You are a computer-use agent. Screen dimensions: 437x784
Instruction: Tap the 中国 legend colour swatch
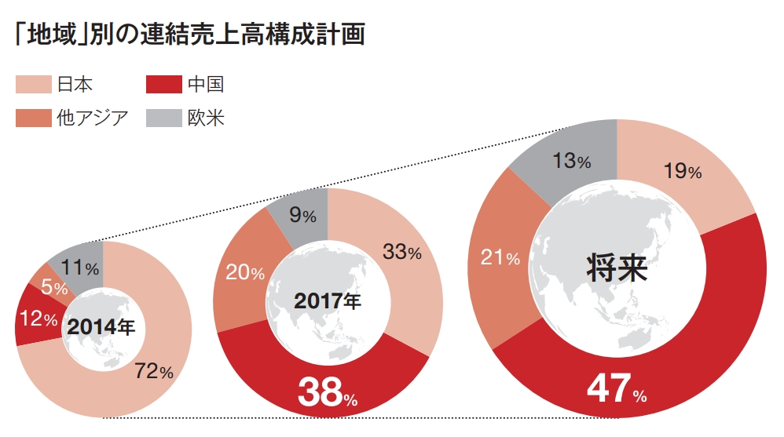tap(164, 84)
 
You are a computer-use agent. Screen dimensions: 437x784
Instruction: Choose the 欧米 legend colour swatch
tap(164, 118)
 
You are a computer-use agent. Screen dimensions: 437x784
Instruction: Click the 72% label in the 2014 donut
tap(153, 372)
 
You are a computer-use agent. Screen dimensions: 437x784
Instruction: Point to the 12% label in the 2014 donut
tap(38, 319)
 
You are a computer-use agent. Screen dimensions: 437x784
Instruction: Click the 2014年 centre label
tap(101, 328)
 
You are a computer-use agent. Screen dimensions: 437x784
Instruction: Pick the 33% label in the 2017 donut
tap(401, 253)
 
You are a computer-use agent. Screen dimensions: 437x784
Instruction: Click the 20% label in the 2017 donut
tap(245, 273)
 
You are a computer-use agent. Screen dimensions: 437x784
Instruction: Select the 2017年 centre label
tap(328, 300)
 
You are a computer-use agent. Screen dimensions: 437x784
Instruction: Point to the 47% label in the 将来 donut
tap(617, 389)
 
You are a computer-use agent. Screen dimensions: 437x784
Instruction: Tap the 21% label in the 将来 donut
tap(500, 257)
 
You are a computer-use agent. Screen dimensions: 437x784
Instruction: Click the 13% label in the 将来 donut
tap(571, 162)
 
